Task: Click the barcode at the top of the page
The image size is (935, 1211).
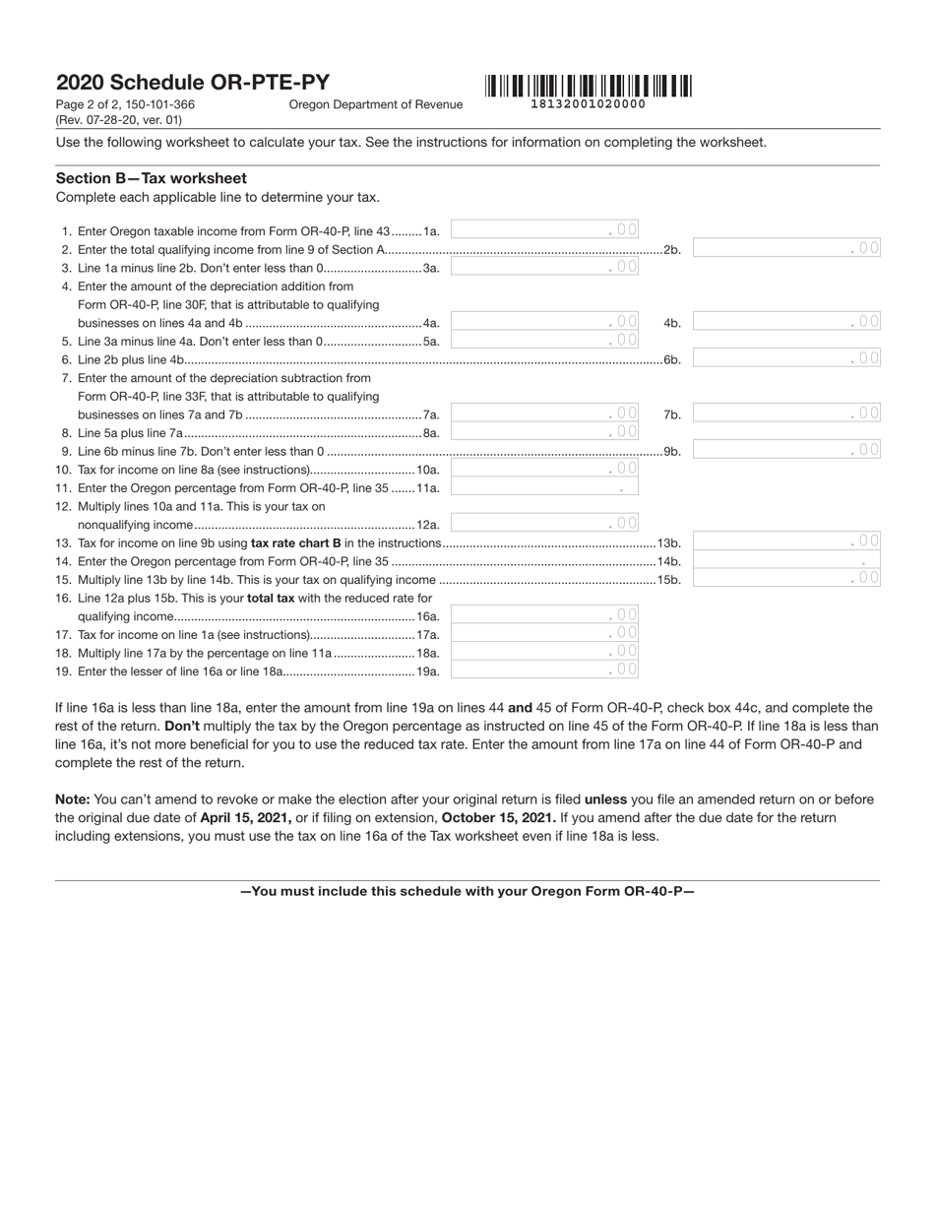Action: (588, 86)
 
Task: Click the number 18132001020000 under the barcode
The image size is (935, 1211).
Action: (588, 104)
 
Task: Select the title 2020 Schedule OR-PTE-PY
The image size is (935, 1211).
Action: (193, 83)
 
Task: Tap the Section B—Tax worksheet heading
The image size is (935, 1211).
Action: (152, 178)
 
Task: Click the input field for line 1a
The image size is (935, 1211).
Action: (544, 229)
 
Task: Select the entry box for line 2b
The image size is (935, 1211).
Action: (786, 248)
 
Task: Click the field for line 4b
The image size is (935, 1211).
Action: (786, 321)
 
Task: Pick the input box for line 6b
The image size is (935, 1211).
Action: (786, 358)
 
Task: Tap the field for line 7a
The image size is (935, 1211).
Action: (544, 414)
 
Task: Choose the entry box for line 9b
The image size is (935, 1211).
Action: (786, 450)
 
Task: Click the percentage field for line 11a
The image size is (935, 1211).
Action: (544, 486)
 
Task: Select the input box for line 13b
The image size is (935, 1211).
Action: (786, 541)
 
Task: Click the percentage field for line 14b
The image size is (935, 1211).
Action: (786, 559)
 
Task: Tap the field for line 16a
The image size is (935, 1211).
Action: (544, 614)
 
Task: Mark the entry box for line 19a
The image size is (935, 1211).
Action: (544, 669)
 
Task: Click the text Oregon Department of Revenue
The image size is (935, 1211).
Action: (375, 104)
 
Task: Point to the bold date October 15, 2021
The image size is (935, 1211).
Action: (499, 818)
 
